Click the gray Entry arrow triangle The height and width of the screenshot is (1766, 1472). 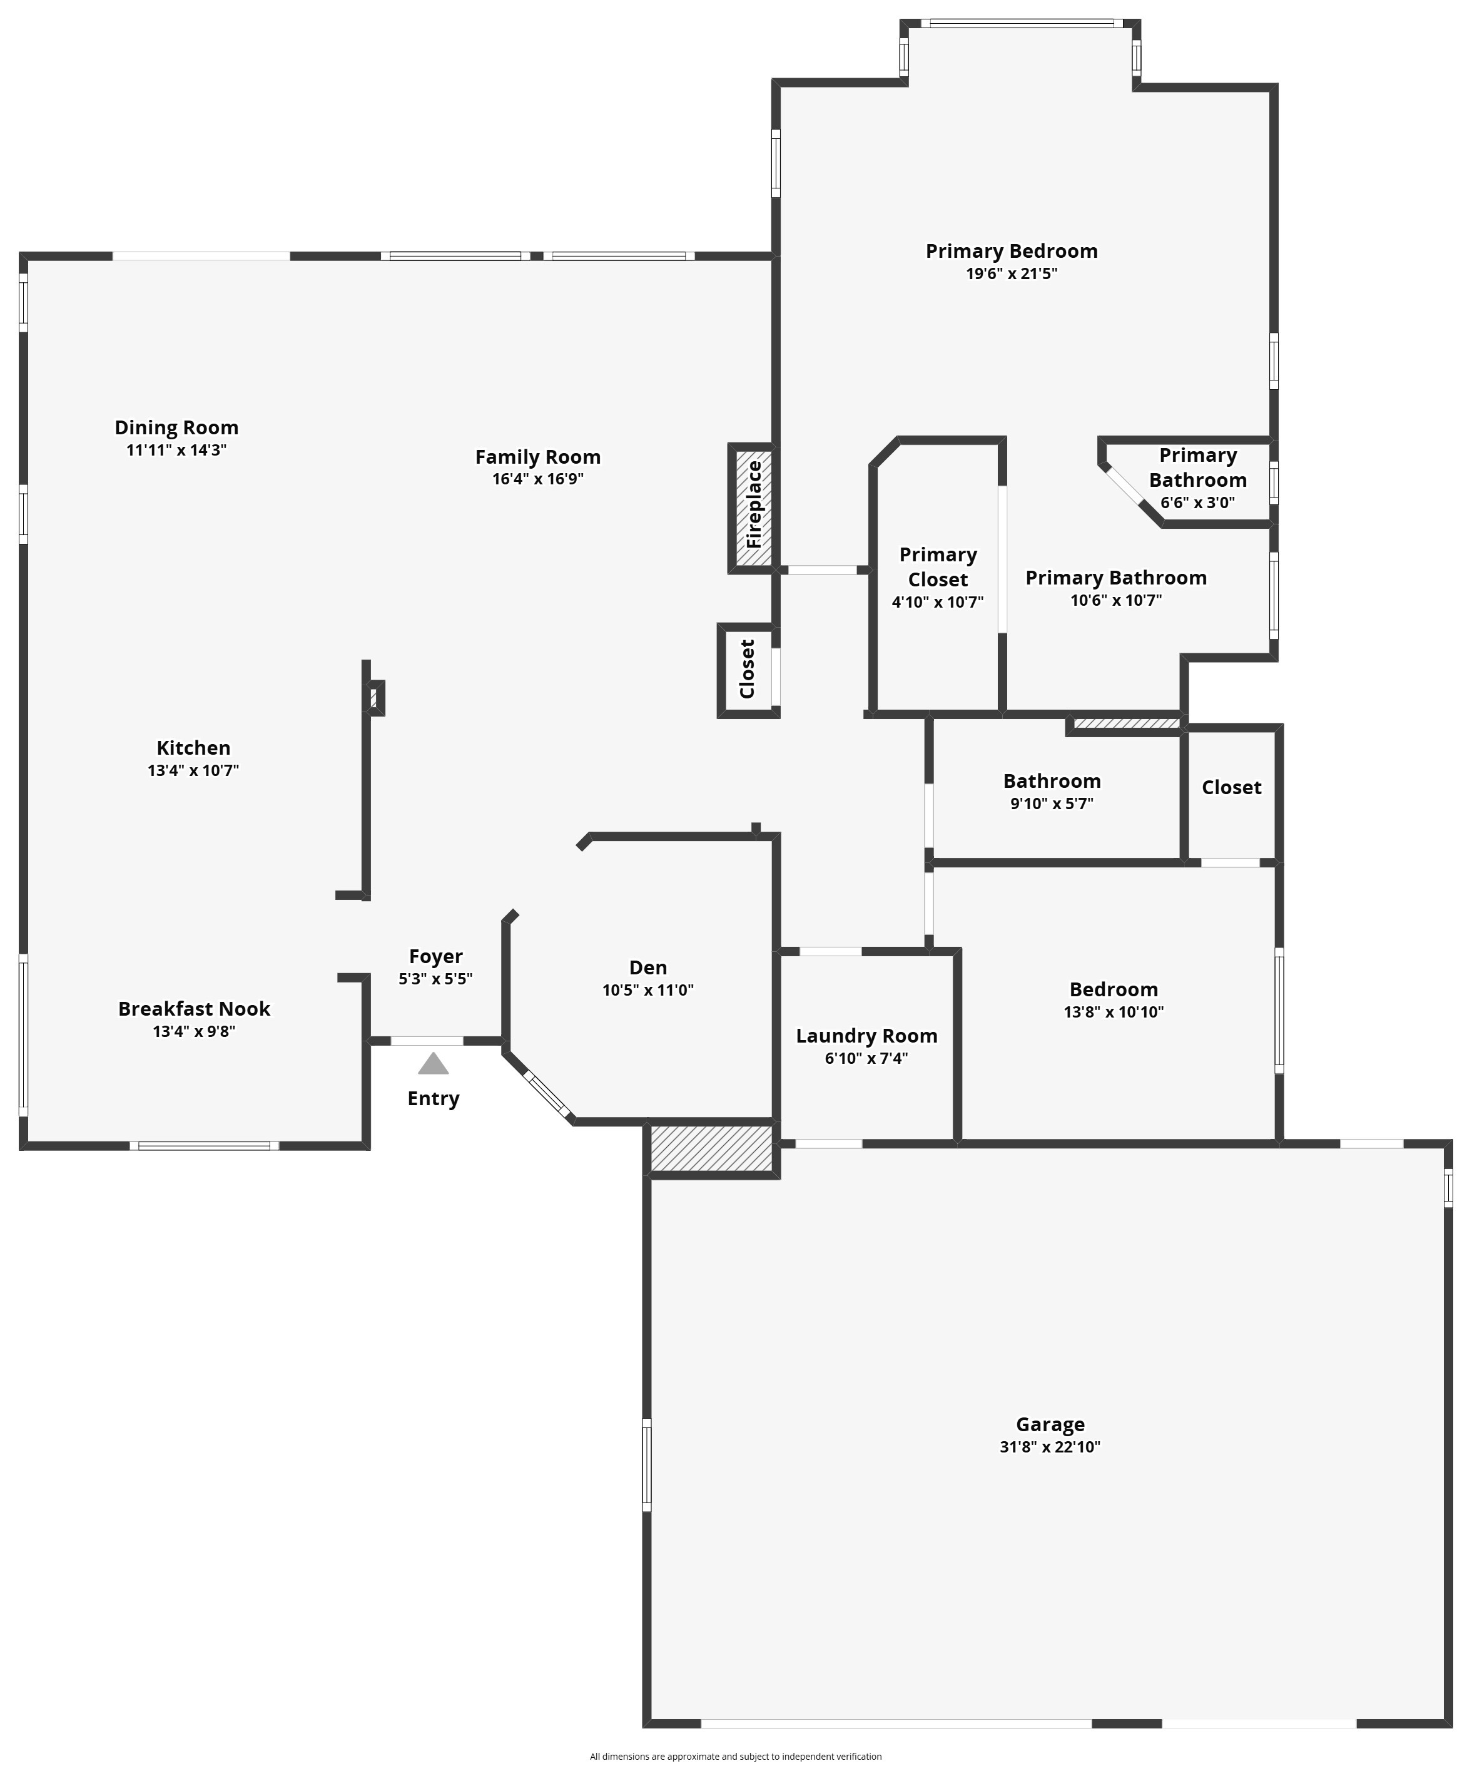click(x=433, y=1064)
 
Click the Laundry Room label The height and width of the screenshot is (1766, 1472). click(x=866, y=1036)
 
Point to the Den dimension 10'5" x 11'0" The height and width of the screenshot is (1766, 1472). click(x=648, y=990)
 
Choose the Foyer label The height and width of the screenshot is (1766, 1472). click(x=435, y=956)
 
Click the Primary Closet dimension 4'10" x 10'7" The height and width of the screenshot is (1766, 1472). click(x=937, y=602)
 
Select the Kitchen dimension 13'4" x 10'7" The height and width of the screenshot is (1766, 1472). click(x=193, y=770)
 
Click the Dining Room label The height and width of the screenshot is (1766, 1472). click(x=176, y=427)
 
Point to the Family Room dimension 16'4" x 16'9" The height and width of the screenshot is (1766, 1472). click(x=538, y=479)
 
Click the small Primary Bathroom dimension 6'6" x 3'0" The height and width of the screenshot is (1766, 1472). click(x=1198, y=503)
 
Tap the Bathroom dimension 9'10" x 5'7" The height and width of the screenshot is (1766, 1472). click(x=1052, y=803)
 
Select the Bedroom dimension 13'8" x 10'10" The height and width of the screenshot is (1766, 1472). click(x=1114, y=1012)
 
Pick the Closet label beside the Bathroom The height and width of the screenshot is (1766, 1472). click(x=1232, y=787)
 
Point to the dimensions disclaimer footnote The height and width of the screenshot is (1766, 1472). click(x=736, y=1756)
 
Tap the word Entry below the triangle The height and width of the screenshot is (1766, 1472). click(x=433, y=1098)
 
